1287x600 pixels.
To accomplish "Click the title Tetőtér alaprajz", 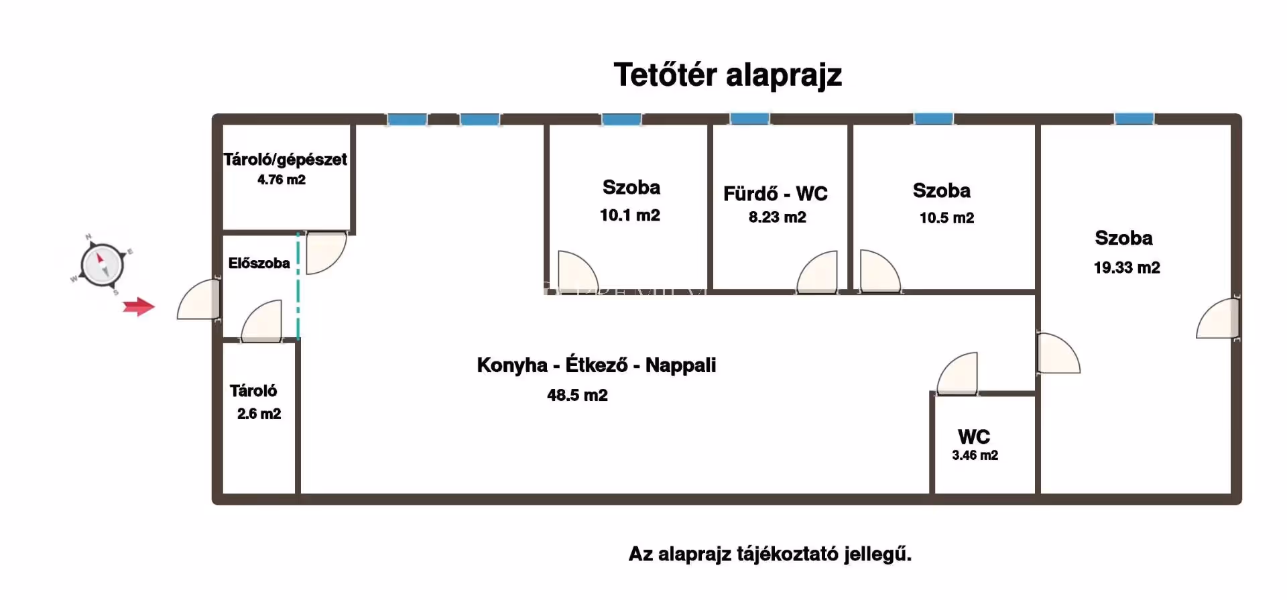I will click(727, 75).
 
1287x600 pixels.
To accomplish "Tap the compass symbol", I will click(103, 265).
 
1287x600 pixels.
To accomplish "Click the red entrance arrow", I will click(139, 307).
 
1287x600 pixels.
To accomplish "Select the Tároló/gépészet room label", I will click(286, 160).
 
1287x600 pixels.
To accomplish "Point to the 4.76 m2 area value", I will click(282, 180).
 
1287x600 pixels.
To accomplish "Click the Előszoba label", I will click(259, 263).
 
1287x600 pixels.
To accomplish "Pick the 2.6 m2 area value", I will click(259, 414).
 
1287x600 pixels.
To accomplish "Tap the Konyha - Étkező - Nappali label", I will click(596, 365).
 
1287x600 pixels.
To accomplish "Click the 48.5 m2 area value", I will click(577, 396).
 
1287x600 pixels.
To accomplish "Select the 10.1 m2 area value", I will click(629, 215).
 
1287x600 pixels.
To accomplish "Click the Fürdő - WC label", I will click(776, 194).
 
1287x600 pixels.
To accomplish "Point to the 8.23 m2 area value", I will click(777, 217).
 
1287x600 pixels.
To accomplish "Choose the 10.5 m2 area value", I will click(946, 218).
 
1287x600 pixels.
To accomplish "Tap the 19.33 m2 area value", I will click(1127, 267).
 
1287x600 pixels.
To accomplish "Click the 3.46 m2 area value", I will click(975, 455).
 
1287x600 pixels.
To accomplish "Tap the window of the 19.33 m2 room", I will click(1134, 119).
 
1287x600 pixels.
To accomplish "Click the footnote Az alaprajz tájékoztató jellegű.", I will click(770, 554).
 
